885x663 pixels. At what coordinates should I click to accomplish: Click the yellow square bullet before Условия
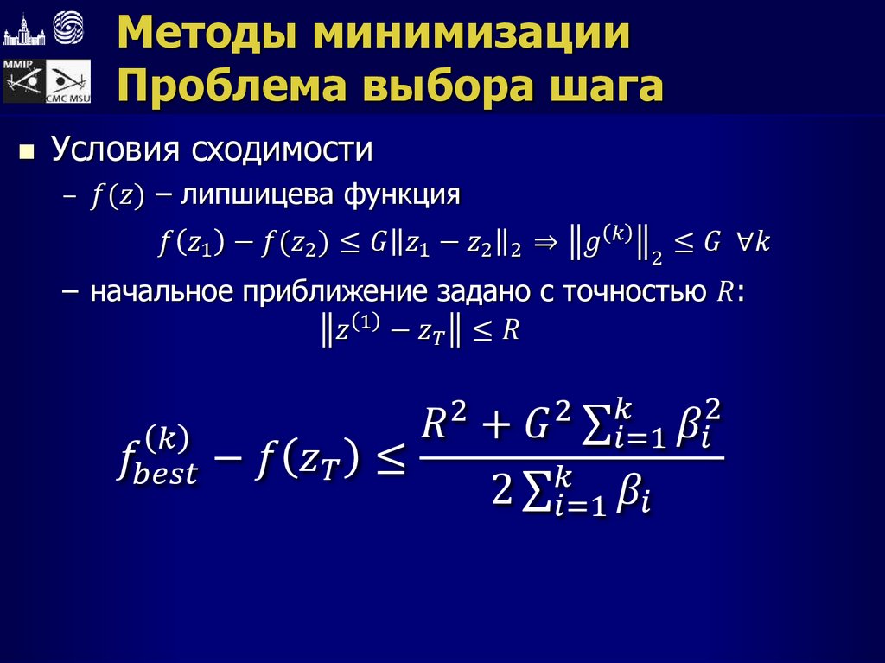pos(27,152)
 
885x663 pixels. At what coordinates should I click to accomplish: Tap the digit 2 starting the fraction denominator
pos(501,493)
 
